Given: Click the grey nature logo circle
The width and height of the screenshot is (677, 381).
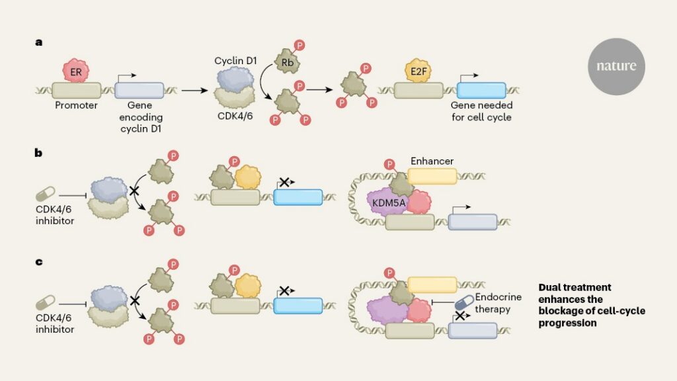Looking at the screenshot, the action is (616, 66).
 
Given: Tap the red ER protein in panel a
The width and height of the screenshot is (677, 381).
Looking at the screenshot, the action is (75, 71).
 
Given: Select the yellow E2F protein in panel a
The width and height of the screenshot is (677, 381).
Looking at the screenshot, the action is (418, 71).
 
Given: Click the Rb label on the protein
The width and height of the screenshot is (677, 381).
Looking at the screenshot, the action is (288, 63).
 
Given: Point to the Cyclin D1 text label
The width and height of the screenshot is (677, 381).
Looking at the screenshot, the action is (235, 61).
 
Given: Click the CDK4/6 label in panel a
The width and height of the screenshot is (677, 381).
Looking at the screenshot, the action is (235, 116).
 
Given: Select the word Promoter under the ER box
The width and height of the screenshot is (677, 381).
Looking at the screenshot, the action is (76, 105).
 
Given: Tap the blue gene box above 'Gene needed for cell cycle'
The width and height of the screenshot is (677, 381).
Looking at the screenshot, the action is (481, 91).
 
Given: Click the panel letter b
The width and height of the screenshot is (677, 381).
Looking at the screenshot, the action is (38, 153).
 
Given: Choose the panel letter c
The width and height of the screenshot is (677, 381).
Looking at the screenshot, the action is (39, 262).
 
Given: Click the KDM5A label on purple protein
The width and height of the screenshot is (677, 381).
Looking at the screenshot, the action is (389, 202).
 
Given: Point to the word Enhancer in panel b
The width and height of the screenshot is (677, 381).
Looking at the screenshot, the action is (432, 161).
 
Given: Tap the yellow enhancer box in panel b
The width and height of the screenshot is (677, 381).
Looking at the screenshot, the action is (432, 176).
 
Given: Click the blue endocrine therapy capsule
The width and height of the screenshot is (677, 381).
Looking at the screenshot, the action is (464, 302).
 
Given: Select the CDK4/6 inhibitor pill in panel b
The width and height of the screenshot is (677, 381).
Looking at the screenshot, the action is (46, 194).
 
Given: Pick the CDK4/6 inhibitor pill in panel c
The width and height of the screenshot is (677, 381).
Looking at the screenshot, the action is (46, 302).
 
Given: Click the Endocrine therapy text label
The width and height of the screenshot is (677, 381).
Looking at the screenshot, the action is (498, 303).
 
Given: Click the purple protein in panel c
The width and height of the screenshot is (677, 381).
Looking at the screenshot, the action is (387, 310).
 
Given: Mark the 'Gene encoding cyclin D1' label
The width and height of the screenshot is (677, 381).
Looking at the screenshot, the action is (140, 117).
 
